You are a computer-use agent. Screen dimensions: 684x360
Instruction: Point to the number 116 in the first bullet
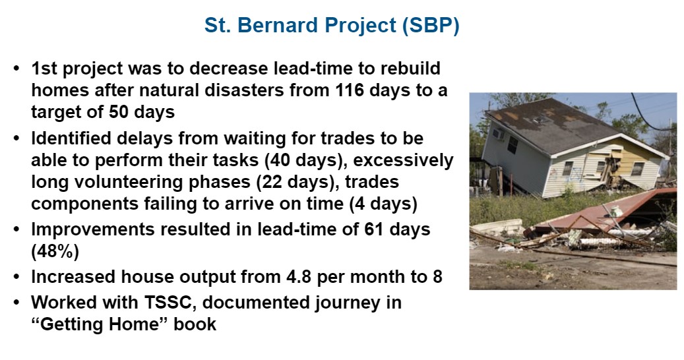350,90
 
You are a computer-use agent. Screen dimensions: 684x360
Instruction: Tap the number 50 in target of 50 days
118,112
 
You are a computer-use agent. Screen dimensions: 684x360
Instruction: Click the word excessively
404,160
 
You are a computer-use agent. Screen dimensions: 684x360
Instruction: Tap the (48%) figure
55,251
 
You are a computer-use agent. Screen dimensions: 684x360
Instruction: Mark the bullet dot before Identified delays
16,138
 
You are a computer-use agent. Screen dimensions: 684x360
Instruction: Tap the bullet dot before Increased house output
16,277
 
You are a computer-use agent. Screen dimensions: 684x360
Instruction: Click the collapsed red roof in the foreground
606,209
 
